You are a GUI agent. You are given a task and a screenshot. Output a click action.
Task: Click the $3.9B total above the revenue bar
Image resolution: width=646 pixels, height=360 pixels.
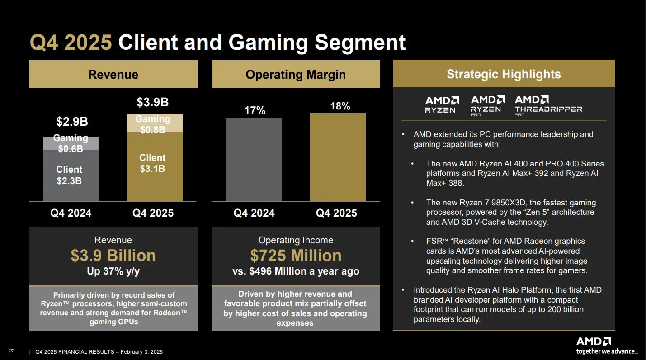point(152,102)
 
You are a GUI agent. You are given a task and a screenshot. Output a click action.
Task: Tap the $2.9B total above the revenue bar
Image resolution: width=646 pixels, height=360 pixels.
point(72,122)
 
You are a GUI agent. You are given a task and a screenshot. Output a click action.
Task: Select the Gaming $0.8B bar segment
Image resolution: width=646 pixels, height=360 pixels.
point(155,123)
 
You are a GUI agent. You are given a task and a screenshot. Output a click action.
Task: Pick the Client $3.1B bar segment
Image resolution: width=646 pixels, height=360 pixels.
point(155,166)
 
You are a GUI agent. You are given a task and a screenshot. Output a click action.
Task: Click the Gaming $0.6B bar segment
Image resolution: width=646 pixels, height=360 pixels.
point(71,143)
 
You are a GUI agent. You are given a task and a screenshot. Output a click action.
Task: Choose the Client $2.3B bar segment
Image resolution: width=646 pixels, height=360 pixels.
point(71,175)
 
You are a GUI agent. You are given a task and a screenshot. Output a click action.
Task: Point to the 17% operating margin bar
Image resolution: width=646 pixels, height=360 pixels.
point(254,160)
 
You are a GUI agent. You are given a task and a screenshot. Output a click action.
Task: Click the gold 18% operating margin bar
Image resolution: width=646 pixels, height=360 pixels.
point(338,157)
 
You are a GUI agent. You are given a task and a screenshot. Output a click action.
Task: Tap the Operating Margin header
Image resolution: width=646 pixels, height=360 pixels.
point(296,74)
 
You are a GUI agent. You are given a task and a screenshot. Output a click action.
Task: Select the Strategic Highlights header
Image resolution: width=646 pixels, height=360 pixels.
point(504,74)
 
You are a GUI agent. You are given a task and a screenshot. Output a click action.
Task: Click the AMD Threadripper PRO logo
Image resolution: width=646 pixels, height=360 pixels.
point(548,106)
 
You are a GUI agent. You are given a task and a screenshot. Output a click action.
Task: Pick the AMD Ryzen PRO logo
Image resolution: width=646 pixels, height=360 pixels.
point(488,106)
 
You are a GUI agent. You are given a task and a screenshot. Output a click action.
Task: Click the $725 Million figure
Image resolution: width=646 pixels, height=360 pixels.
point(296,256)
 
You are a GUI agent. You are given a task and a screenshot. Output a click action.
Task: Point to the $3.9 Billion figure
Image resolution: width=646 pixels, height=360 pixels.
point(113,256)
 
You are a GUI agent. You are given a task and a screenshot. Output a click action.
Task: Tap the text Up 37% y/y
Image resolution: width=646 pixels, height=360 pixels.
point(113,271)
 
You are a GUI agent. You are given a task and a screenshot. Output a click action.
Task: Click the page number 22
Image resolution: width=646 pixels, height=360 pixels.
point(12,351)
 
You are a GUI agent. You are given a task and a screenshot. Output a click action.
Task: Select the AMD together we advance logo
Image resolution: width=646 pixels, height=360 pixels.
point(607,346)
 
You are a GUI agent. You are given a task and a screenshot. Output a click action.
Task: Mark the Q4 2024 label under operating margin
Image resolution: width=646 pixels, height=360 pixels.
point(254,213)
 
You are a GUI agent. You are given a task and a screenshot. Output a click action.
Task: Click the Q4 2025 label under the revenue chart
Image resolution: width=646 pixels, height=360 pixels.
point(153,213)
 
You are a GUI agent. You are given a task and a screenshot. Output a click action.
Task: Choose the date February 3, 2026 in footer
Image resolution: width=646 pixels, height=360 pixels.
point(141,352)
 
